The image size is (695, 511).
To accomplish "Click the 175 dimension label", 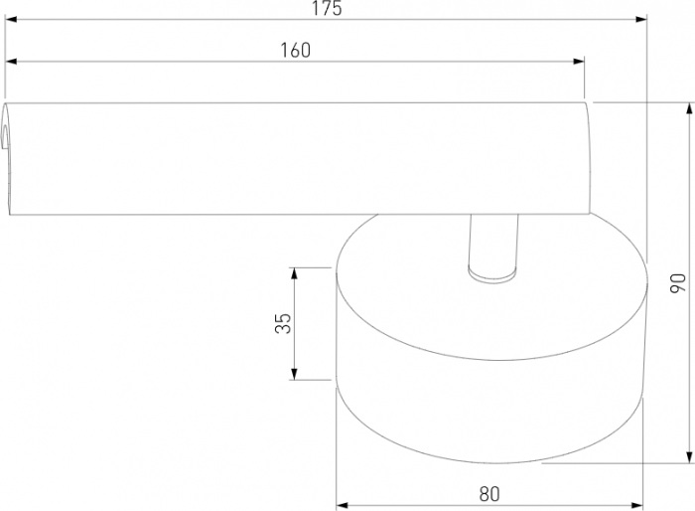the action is tap(327, 9).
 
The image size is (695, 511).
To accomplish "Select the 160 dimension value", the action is tap(295, 51).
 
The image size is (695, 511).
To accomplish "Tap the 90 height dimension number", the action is tap(678, 283).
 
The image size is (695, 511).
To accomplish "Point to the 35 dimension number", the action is tap(283, 323).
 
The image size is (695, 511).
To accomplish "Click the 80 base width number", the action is tap(489, 494).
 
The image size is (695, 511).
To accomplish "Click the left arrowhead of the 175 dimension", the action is tap(11, 20).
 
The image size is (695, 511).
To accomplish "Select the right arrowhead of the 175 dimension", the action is tap(641, 20).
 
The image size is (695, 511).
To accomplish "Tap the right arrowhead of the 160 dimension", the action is tap(579, 62).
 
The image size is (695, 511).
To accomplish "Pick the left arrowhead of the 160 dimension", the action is tap(11, 62).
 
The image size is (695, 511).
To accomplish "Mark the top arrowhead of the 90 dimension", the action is tap(689, 108).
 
